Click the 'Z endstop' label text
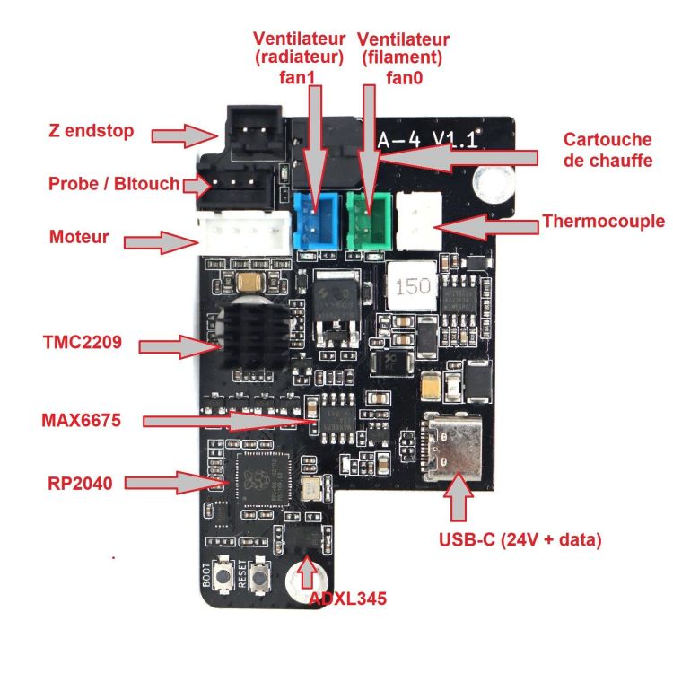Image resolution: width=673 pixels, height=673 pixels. coord(92,132)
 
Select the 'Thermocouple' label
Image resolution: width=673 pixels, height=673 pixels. coord(604,221)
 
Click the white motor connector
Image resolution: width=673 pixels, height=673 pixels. coord(245,240)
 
